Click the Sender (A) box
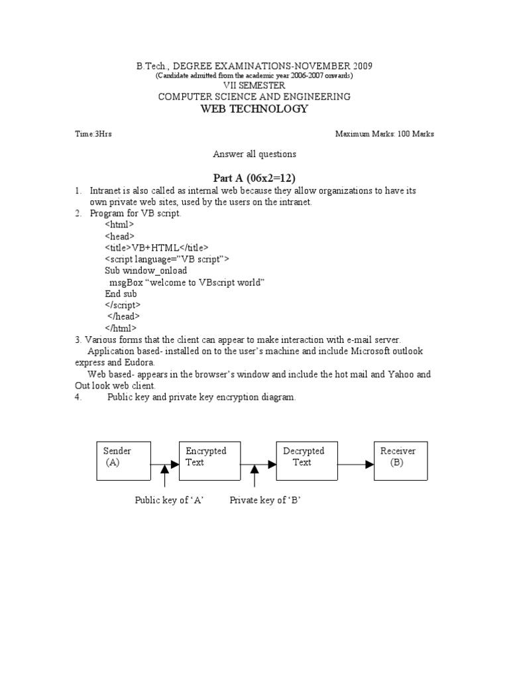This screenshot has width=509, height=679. click(124, 460)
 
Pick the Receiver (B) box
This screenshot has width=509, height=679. click(400, 460)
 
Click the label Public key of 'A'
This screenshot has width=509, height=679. click(168, 501)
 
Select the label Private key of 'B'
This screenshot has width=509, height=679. click(265, 501)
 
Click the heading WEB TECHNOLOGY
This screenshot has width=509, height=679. click(254, 109)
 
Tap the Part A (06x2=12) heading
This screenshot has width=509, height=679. click(254, 178)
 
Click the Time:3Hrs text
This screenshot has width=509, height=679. click(93, 134)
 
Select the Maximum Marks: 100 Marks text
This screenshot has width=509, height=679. click(384, 134)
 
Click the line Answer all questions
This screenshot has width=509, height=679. click(254, 154)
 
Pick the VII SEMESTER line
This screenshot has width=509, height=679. click(254, 86)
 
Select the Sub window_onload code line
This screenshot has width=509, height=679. click(146, 271)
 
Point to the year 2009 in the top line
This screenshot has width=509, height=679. click(362, 66)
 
